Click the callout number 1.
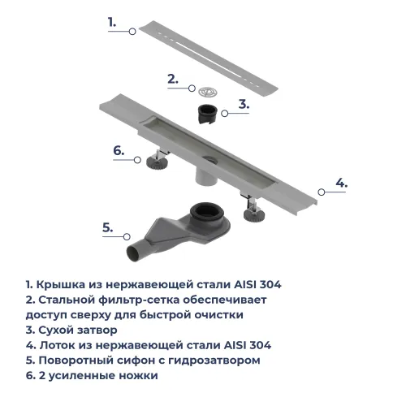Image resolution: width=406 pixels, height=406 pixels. pyautogui.click(x=114, y=23)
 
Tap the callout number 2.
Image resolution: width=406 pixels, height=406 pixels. pyautogui.click(x=172, y=79)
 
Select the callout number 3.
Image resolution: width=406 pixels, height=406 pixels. pyautogui.click(x=244, y=104)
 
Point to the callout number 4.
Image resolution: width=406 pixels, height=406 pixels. pyautogui.click(x=342, y=183)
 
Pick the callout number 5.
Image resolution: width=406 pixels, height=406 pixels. pyautogui.click(x=106, y=228)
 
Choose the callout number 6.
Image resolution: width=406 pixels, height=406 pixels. pyautogui.click(x=118, y=150)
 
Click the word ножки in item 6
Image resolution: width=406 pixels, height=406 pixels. pyautogui.click(x=138, y=376)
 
